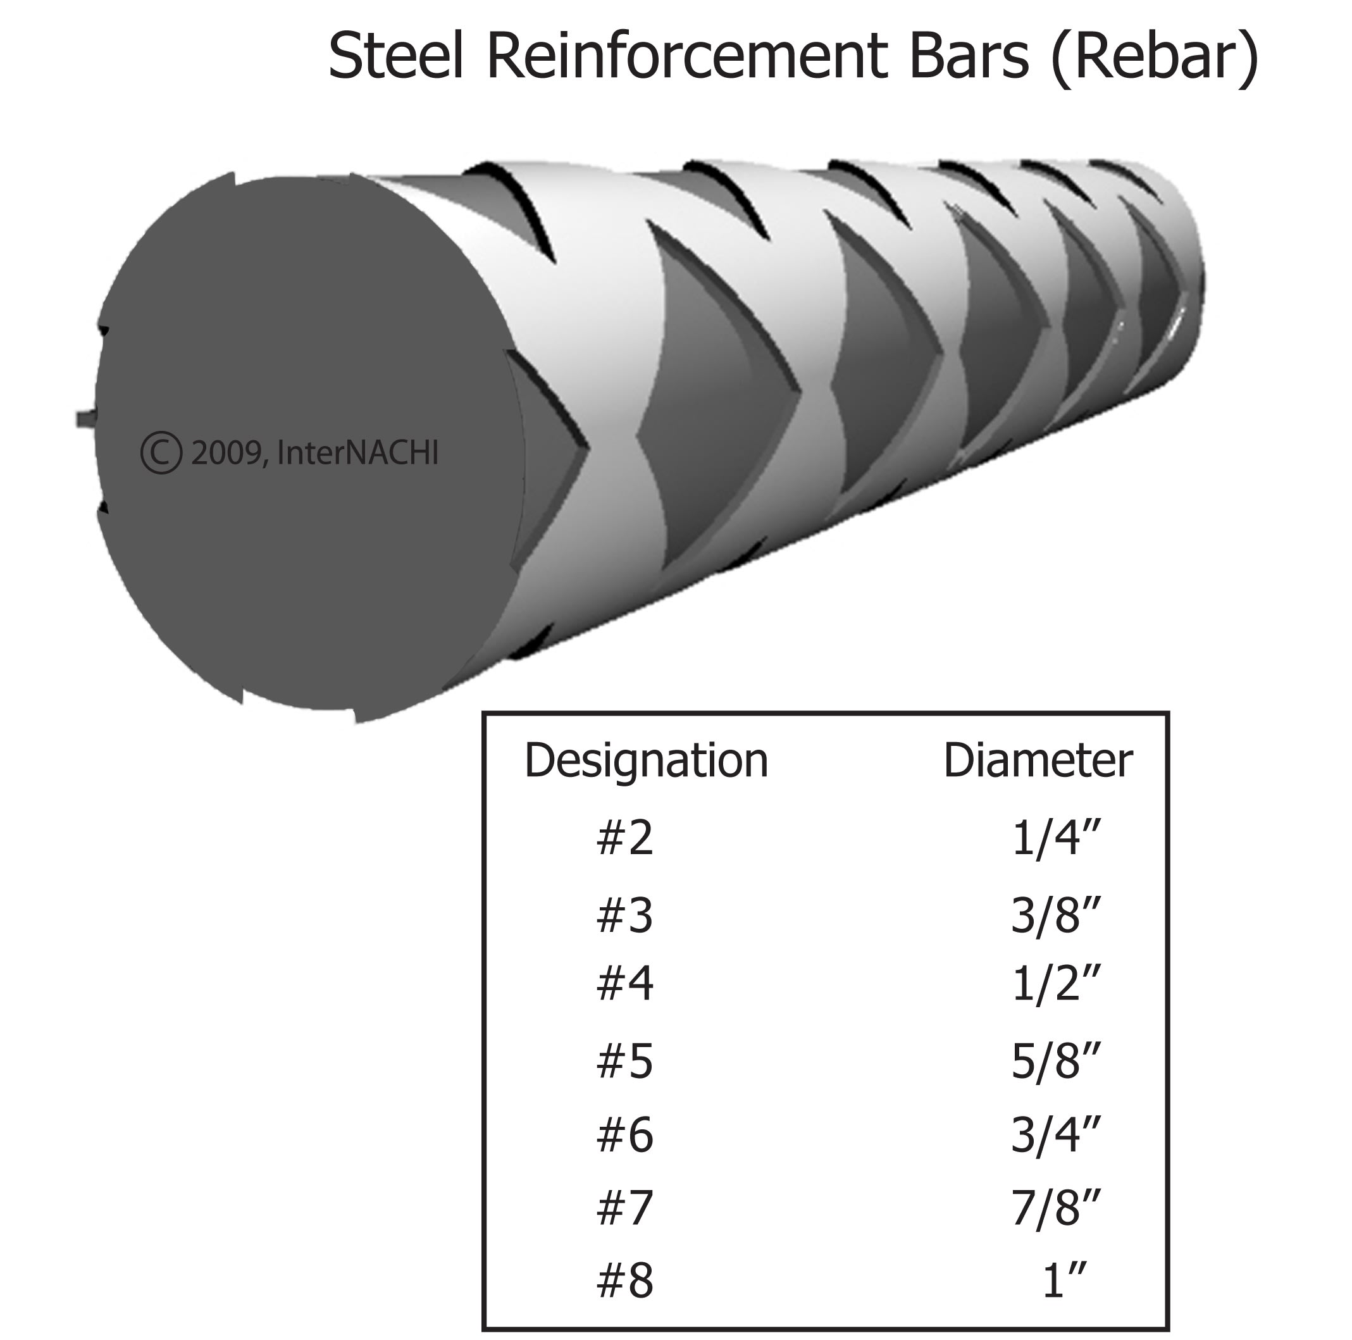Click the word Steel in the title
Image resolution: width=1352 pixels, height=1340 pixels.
(395, 56)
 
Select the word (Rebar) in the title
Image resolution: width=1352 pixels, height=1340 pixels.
(1155, 58)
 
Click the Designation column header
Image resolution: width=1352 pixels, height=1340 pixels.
(646, 760)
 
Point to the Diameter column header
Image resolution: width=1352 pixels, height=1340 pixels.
(1037, 760)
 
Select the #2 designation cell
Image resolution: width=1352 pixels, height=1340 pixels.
(624, 838)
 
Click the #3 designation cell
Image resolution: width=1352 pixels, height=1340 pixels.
(624, 916)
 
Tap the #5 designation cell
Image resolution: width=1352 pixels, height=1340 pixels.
(624, 1062)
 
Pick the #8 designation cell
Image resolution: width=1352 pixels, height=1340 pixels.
(624, 1281)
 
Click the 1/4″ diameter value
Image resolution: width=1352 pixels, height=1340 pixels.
(1055, 838)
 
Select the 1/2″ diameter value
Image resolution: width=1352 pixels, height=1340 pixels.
(1055, 983)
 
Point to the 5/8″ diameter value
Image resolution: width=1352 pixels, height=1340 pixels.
(1055, 1062)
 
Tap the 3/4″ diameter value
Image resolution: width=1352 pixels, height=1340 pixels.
(1055, 1135)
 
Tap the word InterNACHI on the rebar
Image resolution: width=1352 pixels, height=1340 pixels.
(357, 453)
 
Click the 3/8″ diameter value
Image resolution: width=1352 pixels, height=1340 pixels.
(1055, 916)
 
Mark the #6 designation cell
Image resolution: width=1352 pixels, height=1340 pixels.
(624, 1135)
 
